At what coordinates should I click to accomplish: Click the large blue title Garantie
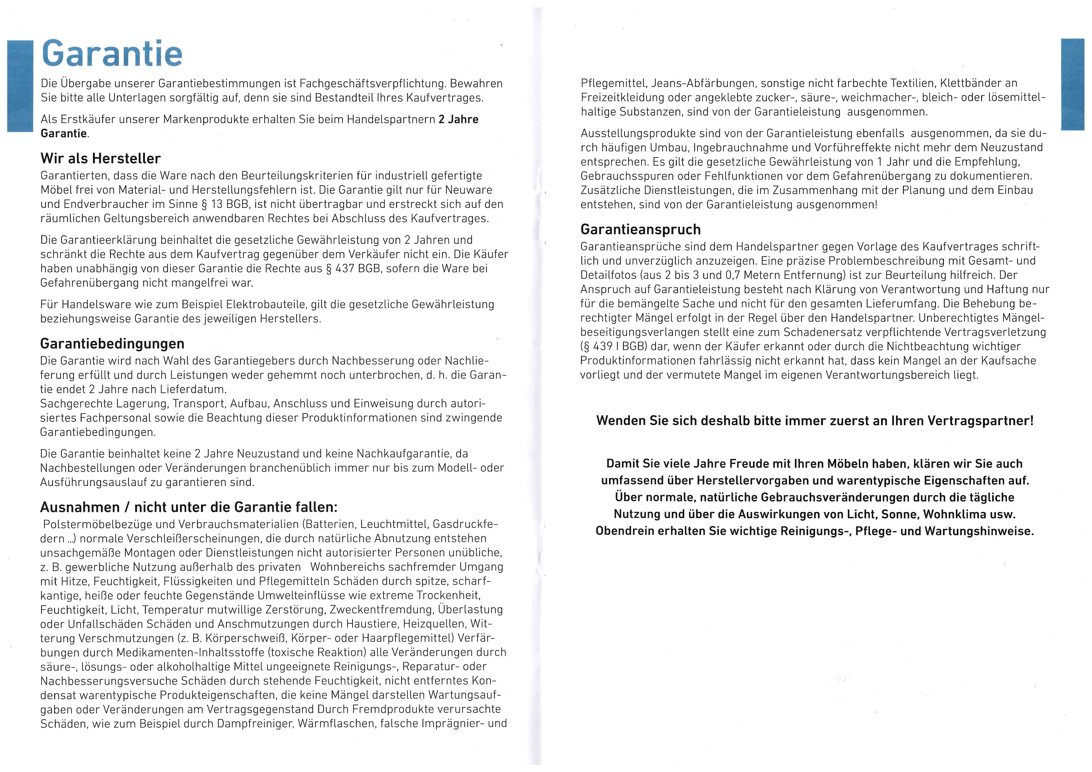112,54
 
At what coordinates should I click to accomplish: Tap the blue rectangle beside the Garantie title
20,86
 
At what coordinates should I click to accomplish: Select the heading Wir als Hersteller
101,158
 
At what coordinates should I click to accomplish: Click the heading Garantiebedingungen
112,344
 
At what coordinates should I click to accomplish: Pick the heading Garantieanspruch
641,230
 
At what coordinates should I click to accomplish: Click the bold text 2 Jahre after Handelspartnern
458,119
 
